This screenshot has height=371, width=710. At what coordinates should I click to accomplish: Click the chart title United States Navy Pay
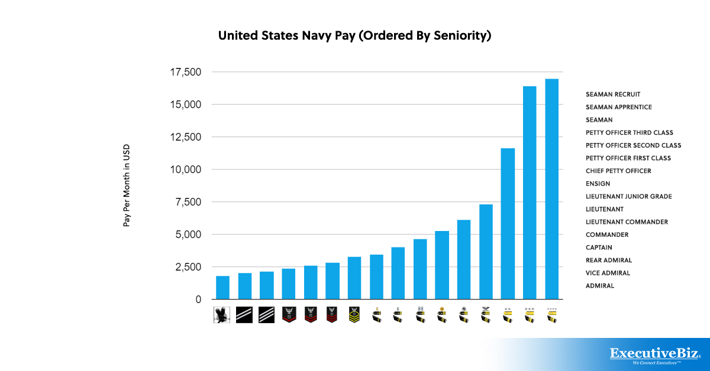tap(355, 36)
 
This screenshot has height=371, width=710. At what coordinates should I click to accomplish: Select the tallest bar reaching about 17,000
tap(551, 189)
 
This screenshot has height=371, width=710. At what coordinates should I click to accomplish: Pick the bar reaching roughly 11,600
tap(508, 224)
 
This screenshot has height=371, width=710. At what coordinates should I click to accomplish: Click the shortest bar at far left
tap(223, 288)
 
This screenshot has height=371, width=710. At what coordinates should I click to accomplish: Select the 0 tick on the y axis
tap(198, 300)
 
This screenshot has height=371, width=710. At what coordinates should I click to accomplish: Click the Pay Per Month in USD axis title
tap(126, 185)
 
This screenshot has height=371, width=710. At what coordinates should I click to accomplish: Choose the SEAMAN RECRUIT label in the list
tap(613, 95)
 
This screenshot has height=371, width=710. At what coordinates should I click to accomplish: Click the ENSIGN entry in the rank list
tap(598, 184)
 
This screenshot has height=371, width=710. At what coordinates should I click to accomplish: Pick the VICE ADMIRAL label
tap(608, 273)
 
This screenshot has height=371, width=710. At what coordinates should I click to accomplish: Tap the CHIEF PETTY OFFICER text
tap(618, 171)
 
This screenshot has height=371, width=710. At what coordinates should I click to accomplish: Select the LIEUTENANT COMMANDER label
tap(627, 222)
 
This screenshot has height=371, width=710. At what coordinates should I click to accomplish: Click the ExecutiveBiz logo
tap(655, 354)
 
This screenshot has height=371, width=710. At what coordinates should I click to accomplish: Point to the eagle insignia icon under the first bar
tap(222, 315)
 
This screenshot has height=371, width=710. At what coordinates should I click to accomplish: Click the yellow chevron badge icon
tap(354, 315)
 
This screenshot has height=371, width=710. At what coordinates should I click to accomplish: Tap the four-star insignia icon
tap(551, 315)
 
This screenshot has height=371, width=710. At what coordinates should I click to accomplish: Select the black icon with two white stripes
tap(244, 315)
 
